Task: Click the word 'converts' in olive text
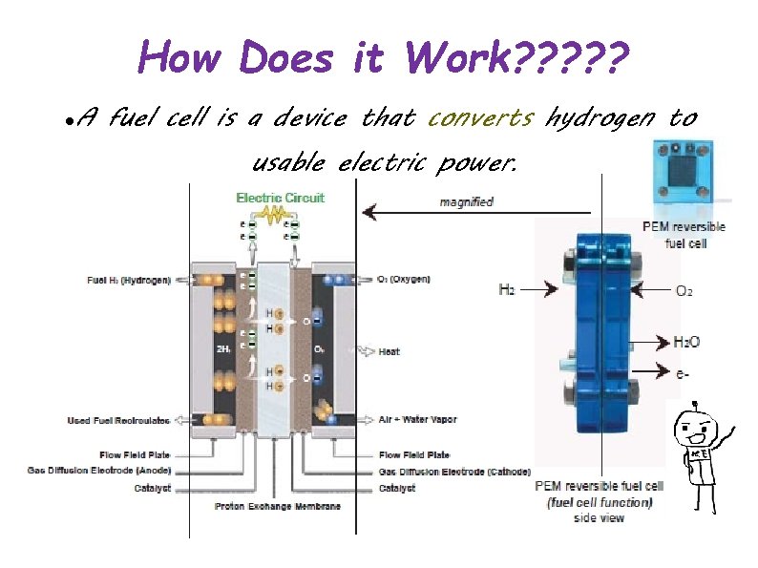click(x=480, y=118)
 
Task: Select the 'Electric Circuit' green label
click(x=280, y=199)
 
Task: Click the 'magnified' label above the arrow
click(x=466, y=201)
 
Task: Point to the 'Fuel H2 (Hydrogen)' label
click(x=129, y=280)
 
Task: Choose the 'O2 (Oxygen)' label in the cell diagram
click(x=404, y=280)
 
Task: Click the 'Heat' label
click(x=389, y=352)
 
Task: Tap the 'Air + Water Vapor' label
click(x=417, y=420)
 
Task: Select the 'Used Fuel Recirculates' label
click(x=119, y=420)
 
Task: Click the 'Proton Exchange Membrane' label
click(x=277, y=506)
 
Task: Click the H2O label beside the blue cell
click(x=687, y=342)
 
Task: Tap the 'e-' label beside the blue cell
click(x=683, y=374)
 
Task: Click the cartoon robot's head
click(x=693, y=432)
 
